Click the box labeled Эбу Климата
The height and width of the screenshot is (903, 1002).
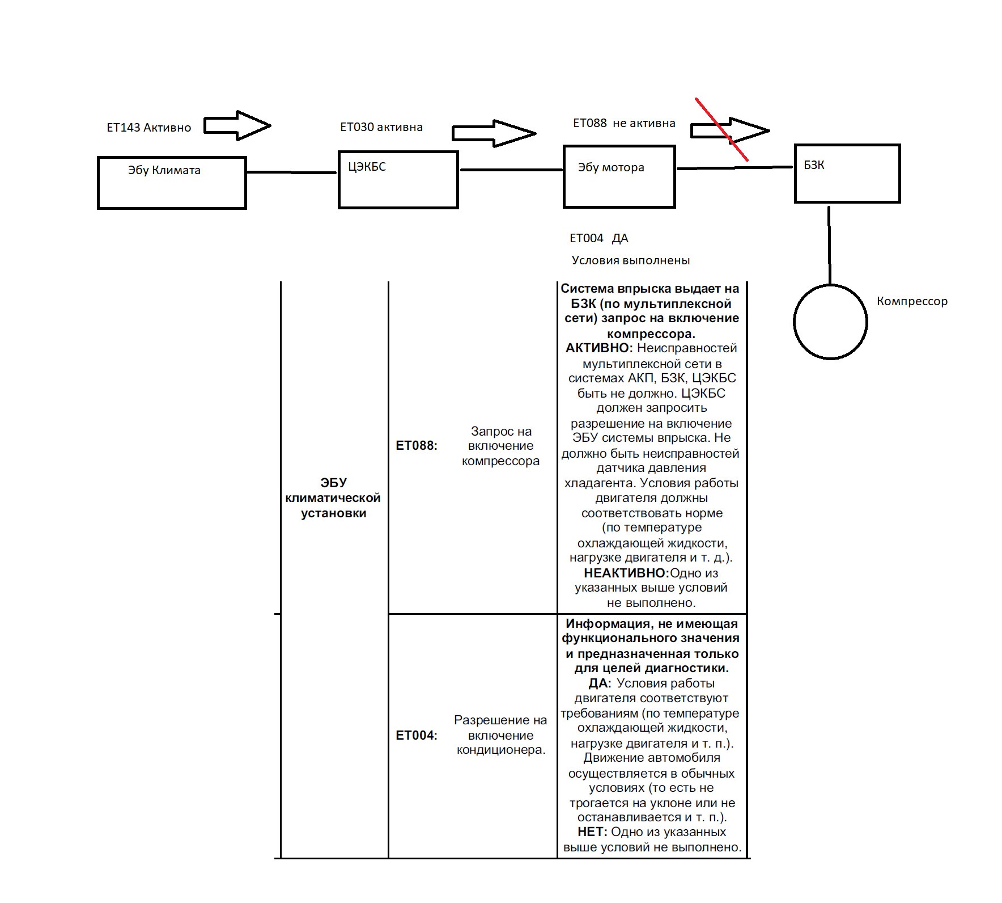click(172, 183)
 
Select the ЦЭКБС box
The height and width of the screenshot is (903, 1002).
click(398, 180)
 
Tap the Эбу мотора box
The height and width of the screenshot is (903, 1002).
click(619, 176)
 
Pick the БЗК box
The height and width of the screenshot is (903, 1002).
click(847, 174)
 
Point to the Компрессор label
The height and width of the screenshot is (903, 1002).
click(912, 301)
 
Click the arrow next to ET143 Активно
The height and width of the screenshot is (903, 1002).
click(237, 125)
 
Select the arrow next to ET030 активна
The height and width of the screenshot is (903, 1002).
click(494, 133)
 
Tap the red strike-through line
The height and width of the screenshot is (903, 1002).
click(722, 129)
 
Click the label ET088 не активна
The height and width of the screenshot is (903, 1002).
click(624, 123)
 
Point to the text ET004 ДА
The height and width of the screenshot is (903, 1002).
click(599, 238)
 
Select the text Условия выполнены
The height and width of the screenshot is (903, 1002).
click(631, 260)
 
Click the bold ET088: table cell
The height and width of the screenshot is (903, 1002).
click(417, 446)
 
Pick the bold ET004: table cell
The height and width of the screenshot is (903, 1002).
click(417, 736)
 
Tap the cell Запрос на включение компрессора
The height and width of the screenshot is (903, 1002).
click(501, 446)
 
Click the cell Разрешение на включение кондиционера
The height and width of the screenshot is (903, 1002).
click(500, 735)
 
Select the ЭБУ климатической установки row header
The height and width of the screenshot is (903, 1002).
click(333, 498)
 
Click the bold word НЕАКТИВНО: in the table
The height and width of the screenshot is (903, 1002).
click(626, 573)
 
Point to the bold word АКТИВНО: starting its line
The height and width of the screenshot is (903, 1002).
click(599, 348)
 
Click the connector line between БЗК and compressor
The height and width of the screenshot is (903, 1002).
click(830, 245)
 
